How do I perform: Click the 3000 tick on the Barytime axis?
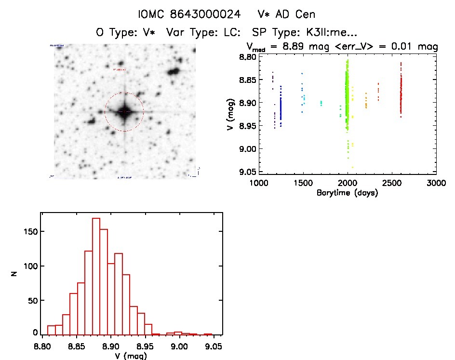coord(436,183)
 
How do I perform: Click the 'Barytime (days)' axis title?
coord(347,193)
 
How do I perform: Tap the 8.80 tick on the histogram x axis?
coord(42,346)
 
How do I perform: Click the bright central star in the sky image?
coord(124,112)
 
